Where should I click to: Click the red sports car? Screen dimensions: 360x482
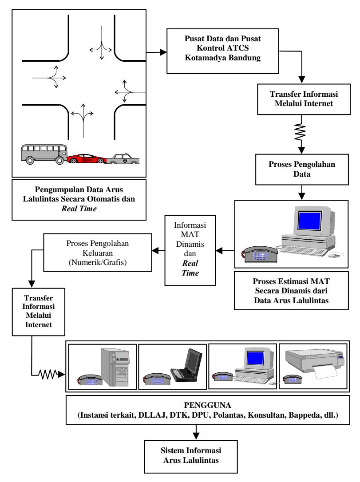tap(87, 158)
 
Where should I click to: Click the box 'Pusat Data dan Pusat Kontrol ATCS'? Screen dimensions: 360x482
tap(222, 51)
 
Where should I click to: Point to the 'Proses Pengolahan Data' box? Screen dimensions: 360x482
tap(302, 170)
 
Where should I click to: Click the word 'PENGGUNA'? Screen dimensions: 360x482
tap(207, 405)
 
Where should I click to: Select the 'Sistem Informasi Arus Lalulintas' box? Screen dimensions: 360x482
tap(191, 457)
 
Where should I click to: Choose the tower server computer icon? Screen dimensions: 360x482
tap(115, 367)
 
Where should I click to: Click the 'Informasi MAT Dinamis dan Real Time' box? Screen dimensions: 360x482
tap(190, 250)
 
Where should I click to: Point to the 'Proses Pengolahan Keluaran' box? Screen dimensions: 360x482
tap(98, 253)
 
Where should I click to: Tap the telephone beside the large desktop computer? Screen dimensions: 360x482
tap(260, 254)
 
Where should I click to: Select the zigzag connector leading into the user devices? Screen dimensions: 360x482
tap(48, 375)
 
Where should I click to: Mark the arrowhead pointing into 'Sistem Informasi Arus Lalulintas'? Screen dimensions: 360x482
tap(196, 436)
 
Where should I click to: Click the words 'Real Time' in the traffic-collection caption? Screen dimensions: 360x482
tap(79, 209)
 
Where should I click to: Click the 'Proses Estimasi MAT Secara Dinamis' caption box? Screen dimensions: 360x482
tap(291, 291)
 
